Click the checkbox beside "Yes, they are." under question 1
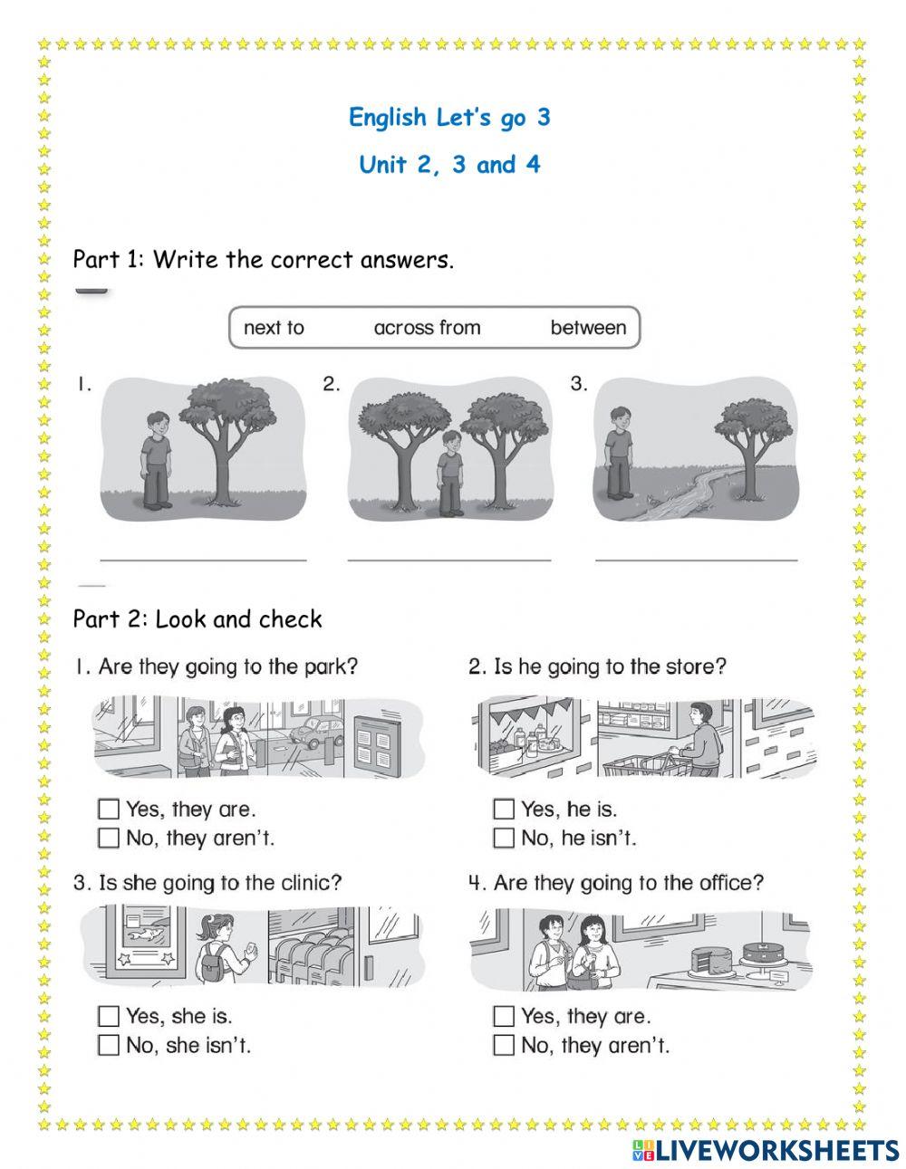(x=108, y=809)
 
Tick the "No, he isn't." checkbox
(x=504, y=838)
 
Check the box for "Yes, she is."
(x=108, y=1016)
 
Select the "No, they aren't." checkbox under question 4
(x=504, y=1045)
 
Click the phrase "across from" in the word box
(x=427, y=328)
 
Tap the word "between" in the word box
(x=588, y=328)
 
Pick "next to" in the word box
(x=274, y=328)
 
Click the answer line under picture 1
(x=203, y=559)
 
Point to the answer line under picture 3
(x=696, y=559)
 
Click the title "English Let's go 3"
(x=449, y=117)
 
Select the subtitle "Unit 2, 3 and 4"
(x=449, y=165)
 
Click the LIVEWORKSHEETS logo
(x=766, y=1150)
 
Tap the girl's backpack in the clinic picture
(x=212, y=965)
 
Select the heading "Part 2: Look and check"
(x=198, y=619)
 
